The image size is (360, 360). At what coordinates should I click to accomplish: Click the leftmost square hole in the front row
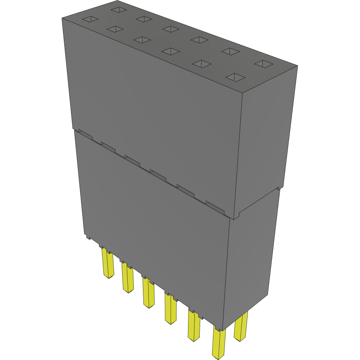90,19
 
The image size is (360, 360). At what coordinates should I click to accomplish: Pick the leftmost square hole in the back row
119,9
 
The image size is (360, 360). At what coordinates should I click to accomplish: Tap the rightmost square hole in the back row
264,63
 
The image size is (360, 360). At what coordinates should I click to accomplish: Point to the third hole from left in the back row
171,29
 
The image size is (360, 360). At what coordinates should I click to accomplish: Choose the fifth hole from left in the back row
230,51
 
